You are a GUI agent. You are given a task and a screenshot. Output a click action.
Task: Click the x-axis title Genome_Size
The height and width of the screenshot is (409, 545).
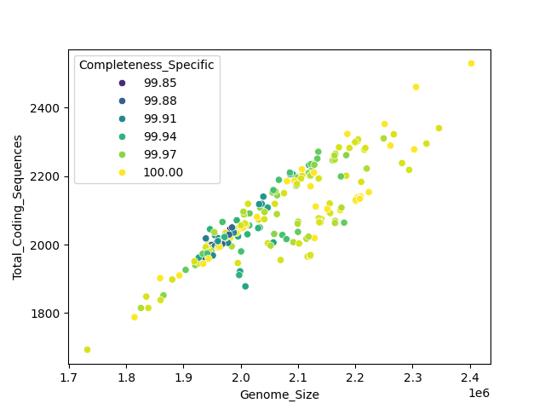pyautogui.click(x=279, y=395)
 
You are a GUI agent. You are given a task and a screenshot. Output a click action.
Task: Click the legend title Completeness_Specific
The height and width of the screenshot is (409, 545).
pyautogui.click(x=146, y=66)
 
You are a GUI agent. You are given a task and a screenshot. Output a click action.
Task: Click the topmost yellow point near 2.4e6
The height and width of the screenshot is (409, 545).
pyautogui.click(x=471, y=64)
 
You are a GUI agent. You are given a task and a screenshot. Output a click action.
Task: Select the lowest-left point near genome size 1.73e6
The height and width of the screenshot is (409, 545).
pyautogui.click(x=87, y=349)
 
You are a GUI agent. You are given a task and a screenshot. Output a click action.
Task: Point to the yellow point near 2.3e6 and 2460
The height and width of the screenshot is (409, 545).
pyautogui.click(x=416, y=87)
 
